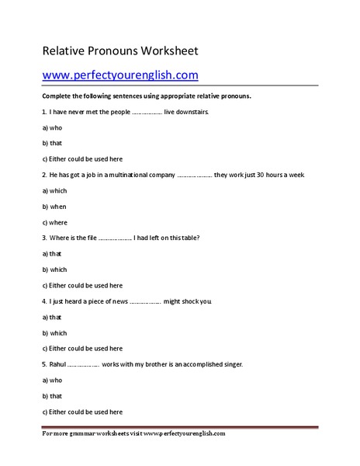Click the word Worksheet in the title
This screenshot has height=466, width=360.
coord(169,51)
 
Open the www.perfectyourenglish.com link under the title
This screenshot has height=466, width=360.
coord(120,75)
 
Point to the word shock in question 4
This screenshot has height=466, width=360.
coord(189,301)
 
